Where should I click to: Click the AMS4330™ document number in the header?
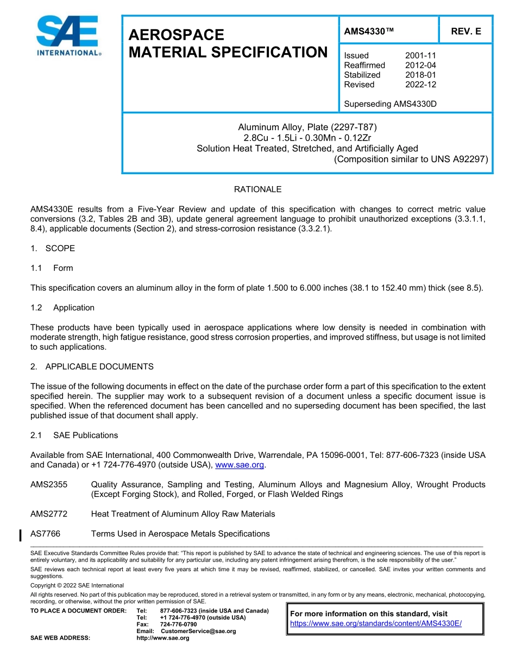tap(369, 31)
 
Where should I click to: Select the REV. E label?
tap(466, 31)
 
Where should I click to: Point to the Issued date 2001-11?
tap(420, 55)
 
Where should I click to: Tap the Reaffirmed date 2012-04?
tap(420, 65)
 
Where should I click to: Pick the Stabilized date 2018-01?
tap(420, 75)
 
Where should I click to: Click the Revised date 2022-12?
tap(420, 85)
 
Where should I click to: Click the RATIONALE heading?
tap(257, 189)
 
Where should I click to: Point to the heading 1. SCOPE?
tap(53, 248)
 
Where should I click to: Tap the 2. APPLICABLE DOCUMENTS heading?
tap(92, 367)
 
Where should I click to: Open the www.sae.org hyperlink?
tap(240, 465)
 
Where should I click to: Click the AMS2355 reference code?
tap(49, 484)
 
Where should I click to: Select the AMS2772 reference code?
tap(49, 514)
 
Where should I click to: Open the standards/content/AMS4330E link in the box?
tap(376, 624)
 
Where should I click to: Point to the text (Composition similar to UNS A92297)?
tap(411, 159)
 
